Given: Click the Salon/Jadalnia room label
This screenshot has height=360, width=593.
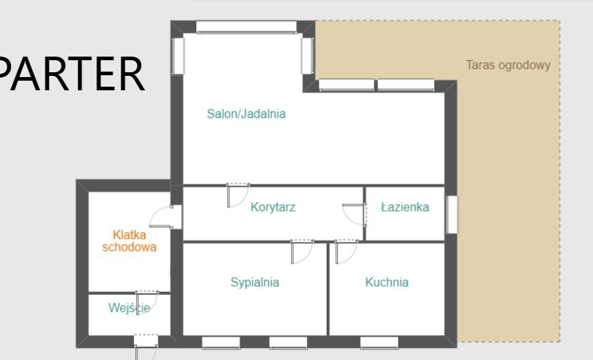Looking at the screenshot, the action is tap(246, 114).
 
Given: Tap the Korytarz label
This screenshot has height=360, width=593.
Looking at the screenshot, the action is tap(273, 207).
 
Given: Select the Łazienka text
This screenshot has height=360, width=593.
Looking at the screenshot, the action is tap(405, 207).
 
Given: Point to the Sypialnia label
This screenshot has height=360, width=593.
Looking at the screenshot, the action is tap(255, 282).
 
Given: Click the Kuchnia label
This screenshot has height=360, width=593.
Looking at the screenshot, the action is tap(387, 282).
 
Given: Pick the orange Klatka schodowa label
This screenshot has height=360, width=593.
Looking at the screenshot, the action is tap(129, 241).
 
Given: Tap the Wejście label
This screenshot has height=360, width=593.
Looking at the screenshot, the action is tap(129, 308).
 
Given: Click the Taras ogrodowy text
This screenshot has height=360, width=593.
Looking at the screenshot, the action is tap(508, 65).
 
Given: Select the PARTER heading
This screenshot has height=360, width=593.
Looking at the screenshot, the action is tap(71, 74).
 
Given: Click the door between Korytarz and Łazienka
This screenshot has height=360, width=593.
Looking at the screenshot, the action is tap(355, 214).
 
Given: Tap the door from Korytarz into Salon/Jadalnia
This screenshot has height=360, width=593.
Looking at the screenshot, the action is tap(238, 195).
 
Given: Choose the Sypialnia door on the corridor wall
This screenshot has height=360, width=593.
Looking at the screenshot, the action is tap(302, 252).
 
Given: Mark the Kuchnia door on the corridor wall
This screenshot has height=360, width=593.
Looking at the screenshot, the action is tap(346, 252).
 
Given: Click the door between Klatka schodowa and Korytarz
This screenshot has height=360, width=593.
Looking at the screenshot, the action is tap(166, 217).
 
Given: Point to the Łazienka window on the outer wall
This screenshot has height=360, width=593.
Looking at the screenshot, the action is tap(452, 214).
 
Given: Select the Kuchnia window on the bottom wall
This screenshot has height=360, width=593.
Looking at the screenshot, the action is tap(379, 342).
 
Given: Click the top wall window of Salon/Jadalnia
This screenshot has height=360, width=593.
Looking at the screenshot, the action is tap(246, 27).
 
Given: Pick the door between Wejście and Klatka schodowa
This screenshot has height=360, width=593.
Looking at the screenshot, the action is tap(147, 303).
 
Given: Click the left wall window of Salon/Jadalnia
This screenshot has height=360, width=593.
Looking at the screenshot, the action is tap(178, 56).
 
